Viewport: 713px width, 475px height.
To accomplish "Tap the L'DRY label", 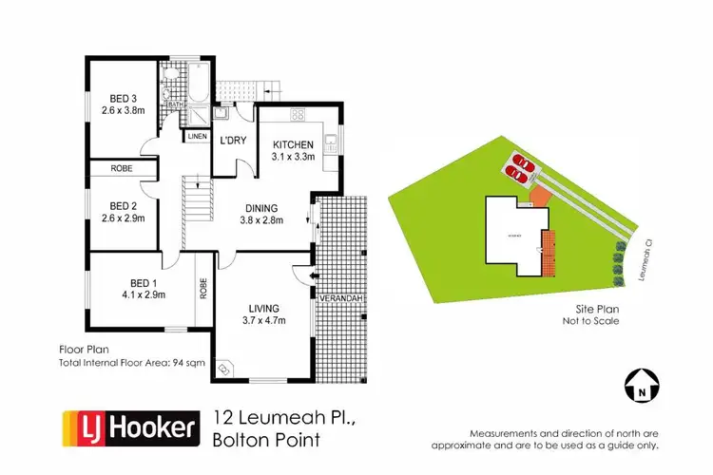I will [x=233, y=141].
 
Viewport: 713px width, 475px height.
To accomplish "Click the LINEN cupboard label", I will [x=197, y=136].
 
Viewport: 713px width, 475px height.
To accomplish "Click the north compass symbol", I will [x=642, y=385].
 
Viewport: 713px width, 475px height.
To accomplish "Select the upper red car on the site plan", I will [x=522, y=161].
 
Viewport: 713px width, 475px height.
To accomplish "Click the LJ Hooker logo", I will [x=130, y=427].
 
